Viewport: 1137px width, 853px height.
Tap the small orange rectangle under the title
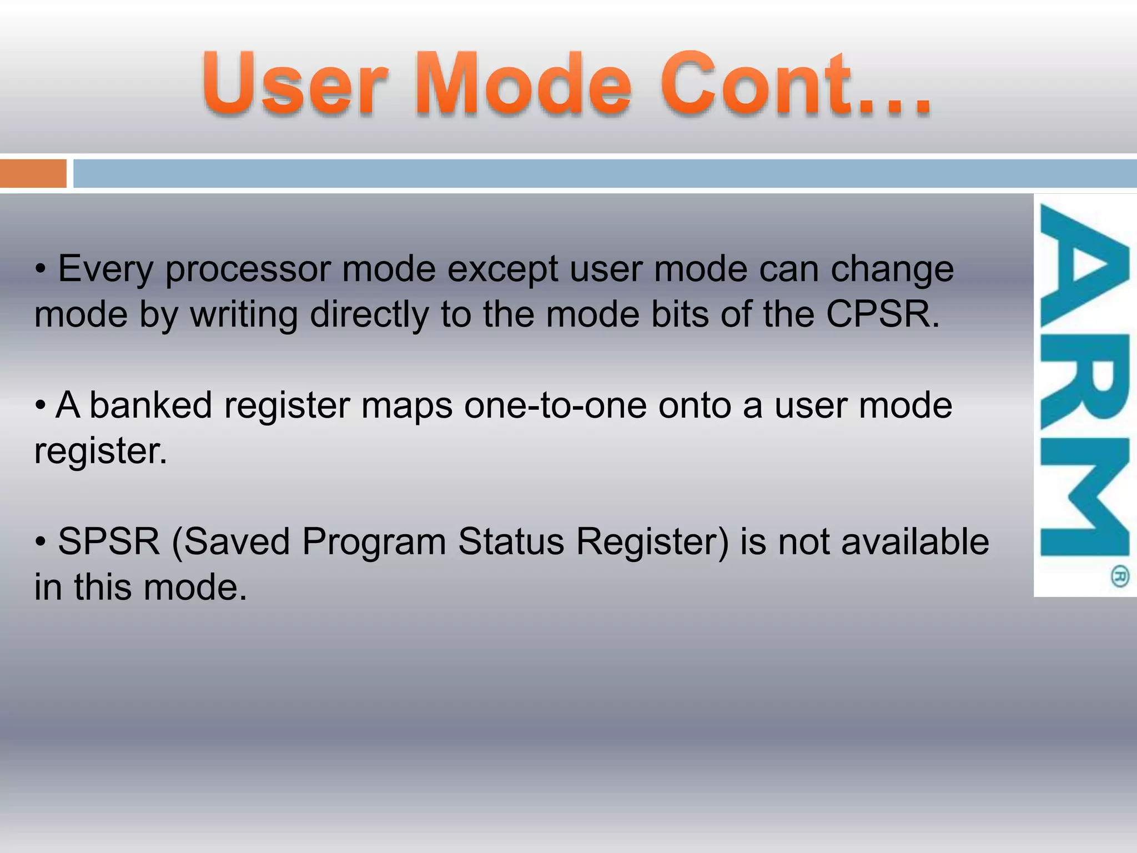(x=33, y=173)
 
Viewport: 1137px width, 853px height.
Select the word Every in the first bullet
(x=105, y=269)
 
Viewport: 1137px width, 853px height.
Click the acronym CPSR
(x=877, y=314)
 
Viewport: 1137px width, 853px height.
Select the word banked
(x=150, y=405)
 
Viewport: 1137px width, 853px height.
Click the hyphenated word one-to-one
(x=555, y=406)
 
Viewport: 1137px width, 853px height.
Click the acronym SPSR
(x=109, y=542)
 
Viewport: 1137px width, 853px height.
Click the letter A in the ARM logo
(x=1084, y=267)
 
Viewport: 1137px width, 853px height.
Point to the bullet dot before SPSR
(x=41, y=541)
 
